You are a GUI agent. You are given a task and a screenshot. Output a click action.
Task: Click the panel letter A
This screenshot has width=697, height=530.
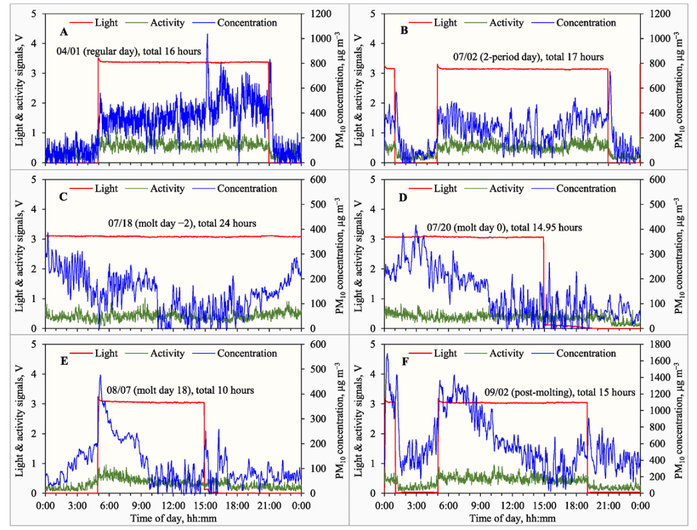pos(63,32)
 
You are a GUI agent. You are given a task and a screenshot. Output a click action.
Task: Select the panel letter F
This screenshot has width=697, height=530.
pos(402,362)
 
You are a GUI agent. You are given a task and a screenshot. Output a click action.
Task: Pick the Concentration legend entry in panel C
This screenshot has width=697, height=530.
pos(247,189)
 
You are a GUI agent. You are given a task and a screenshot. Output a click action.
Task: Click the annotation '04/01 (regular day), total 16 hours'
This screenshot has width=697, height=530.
pos(128,51)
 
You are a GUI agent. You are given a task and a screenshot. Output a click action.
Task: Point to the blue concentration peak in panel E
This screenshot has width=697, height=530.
pos(100,376)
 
